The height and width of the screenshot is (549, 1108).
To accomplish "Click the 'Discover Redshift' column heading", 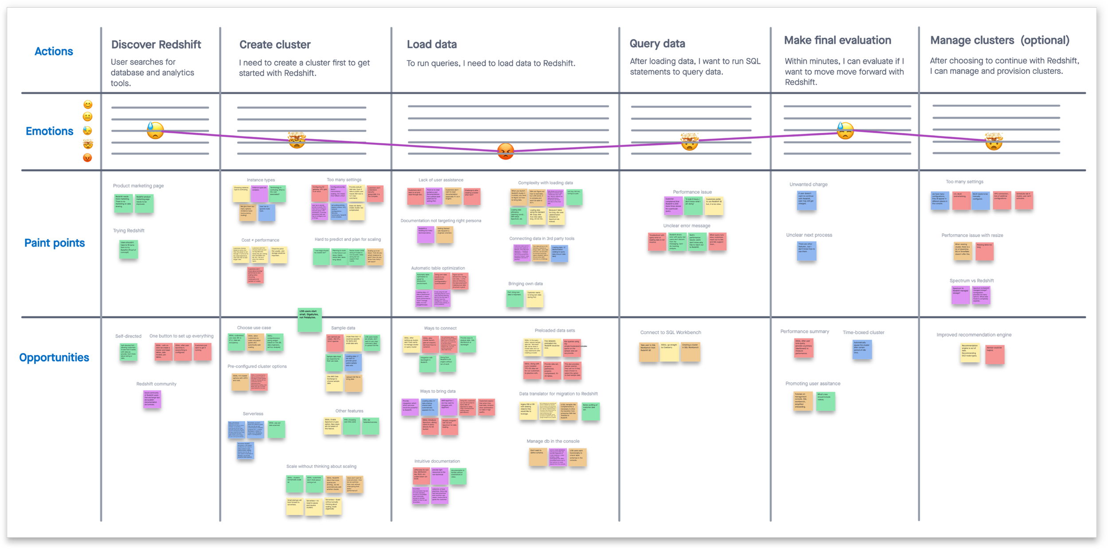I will [156, 45].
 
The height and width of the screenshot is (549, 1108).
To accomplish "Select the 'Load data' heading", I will [432, 44].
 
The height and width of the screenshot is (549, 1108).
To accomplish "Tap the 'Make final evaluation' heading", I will [837, 40].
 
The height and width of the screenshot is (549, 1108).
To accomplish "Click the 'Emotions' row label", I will [49, 131].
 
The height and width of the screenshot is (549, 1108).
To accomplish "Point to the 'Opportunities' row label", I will [54, 358].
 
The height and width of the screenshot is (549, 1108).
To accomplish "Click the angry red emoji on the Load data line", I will [505, 152].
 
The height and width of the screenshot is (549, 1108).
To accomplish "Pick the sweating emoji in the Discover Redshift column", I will [155, 130].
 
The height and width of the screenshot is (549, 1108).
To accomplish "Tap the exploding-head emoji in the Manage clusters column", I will [994, 141].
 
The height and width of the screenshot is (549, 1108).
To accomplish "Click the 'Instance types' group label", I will [261, 180].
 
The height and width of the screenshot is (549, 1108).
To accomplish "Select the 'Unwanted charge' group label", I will [808, 184].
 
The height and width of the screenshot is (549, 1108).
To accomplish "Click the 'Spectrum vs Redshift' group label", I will [971, 280].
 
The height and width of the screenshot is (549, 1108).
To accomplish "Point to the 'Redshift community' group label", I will [156, 384].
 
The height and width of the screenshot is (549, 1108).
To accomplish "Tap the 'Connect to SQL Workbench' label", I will [670, 332].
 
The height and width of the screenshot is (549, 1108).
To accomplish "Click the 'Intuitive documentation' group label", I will [437, 461].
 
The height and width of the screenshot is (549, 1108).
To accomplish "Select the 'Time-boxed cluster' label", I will [863, 332].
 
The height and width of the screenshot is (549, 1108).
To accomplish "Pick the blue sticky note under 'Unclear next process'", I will [806, 251].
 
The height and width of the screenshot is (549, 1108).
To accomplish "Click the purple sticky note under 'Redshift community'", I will [152, 399].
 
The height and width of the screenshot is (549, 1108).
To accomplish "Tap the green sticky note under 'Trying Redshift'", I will [129, 249].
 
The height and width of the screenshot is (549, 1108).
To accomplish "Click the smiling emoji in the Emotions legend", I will [88, 105].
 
